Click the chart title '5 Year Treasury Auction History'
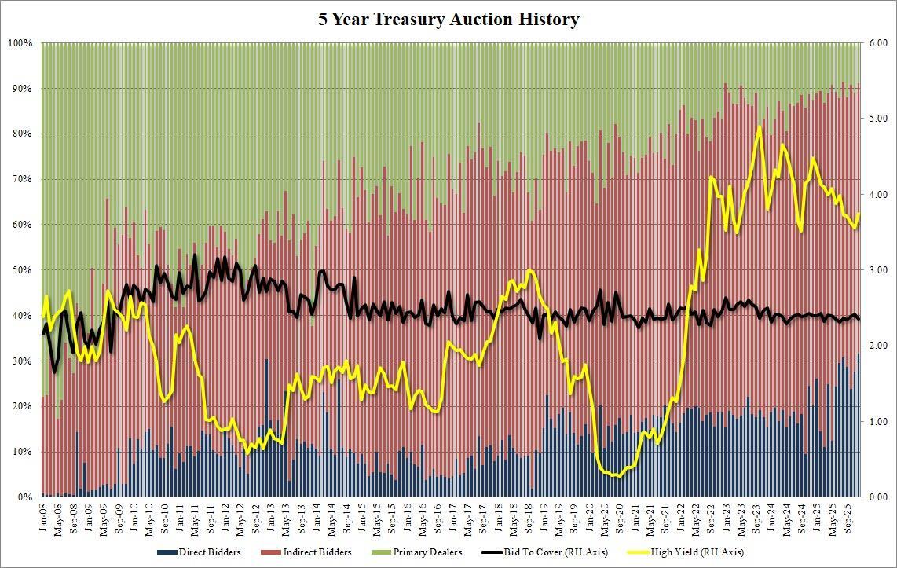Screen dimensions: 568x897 (449, 20)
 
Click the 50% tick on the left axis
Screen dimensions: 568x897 (21, 270)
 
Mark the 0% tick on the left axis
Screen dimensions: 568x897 (24, 497)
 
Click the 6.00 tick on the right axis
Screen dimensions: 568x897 (877, 43)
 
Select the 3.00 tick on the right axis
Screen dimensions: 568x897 (877, 270)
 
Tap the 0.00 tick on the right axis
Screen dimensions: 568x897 (877, 497)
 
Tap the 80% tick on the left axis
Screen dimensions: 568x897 (21, 134)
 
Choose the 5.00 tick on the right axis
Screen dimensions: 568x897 (877, 119)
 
